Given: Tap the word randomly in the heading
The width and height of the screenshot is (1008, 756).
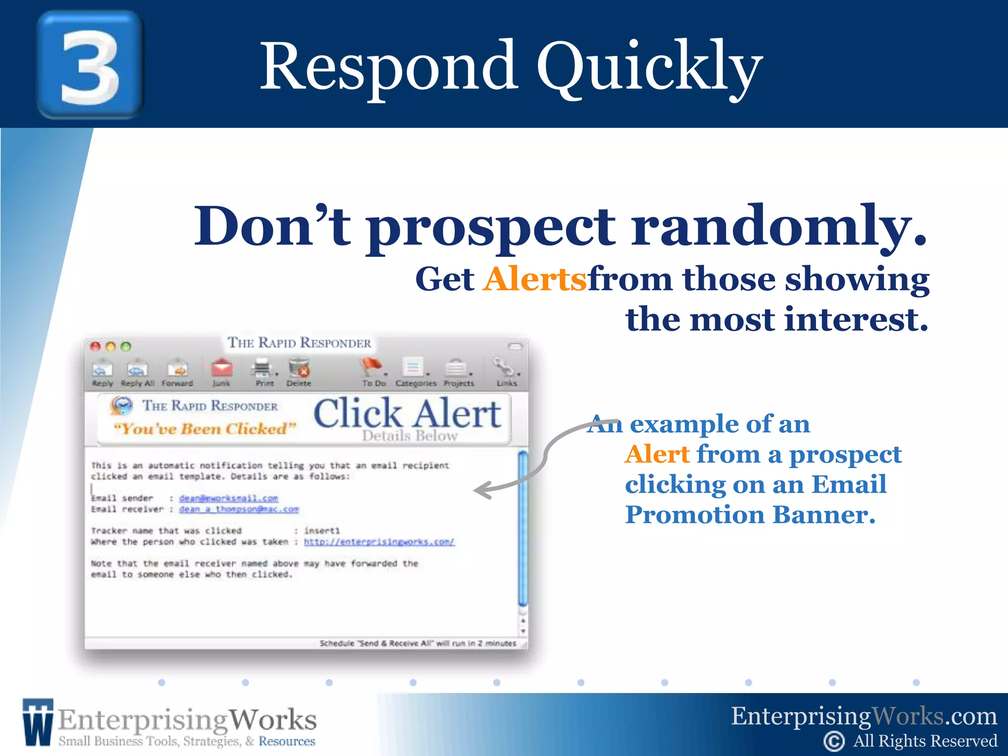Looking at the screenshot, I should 779,227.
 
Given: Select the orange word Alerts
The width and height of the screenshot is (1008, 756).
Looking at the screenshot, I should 535,279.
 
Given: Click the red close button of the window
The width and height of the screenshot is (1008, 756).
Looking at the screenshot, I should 95,346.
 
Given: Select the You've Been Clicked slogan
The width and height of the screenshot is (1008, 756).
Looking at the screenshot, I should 204,429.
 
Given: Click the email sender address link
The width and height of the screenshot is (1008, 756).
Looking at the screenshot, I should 228,498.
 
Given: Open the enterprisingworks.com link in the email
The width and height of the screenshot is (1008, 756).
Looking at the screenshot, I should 379,542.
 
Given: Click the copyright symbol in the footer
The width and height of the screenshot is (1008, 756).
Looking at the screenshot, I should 834,741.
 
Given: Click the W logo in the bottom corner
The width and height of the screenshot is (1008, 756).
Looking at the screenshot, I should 37,722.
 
